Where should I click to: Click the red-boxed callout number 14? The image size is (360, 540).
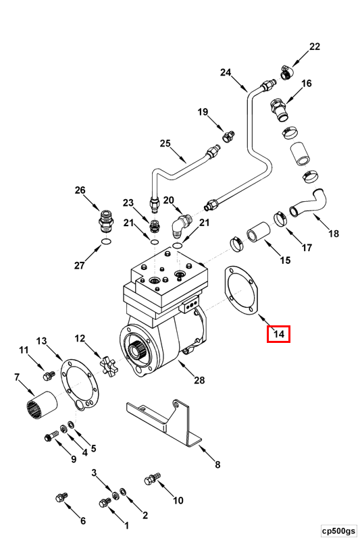[279, 333]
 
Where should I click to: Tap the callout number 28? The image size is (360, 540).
[199, 380]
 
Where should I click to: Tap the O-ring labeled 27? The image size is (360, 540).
[106, 242]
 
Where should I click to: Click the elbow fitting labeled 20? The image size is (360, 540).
[181, 224]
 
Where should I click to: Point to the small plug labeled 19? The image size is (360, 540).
[228, 136]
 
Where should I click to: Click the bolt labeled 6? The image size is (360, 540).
[61, 497]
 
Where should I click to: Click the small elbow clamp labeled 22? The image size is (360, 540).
[287, 72]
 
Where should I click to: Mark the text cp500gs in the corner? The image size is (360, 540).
[338, 531]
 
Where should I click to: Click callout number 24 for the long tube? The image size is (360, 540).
[226, 72]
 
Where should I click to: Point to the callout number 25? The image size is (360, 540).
[165, 142]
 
